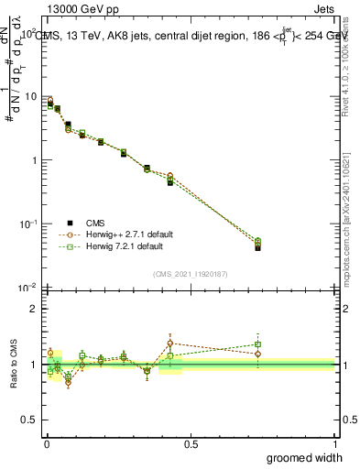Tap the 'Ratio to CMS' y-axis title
14,365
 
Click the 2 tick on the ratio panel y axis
34,309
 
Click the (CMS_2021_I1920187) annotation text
190,274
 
